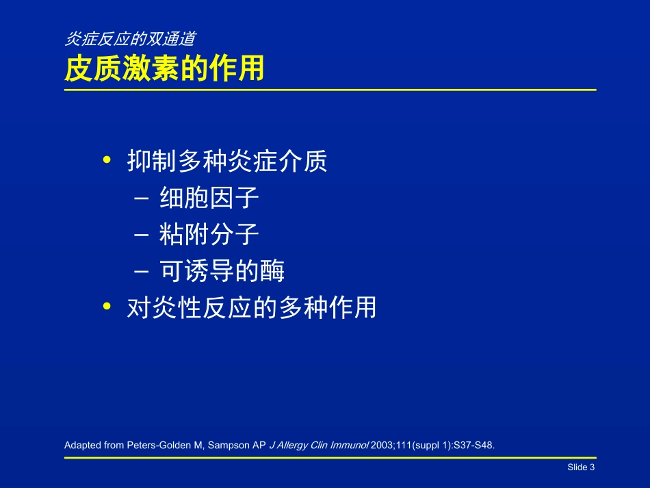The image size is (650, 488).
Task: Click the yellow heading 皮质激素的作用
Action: tap(164, 69)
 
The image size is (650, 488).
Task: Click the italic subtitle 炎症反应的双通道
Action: tap(133, 40)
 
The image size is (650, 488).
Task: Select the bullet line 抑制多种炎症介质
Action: tap(228, 162)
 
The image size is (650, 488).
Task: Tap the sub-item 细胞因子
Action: tap(209, 198)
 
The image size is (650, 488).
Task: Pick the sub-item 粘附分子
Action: tap(209, 235)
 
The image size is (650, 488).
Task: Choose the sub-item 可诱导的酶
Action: tap(222, 272)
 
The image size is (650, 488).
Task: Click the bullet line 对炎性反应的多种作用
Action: tap(252, 308)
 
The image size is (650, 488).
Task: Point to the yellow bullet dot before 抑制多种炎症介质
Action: tap(106, 161)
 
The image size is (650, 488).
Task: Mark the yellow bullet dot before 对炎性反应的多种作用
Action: tap(106, 307)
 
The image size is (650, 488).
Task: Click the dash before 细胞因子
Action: tap(142, 199)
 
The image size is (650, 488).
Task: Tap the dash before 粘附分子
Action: tap(142, 236)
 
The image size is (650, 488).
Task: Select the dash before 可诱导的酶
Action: tap(142, 272)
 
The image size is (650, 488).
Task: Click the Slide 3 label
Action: tap(581, 467)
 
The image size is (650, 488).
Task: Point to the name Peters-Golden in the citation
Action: tap(156, 446)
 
